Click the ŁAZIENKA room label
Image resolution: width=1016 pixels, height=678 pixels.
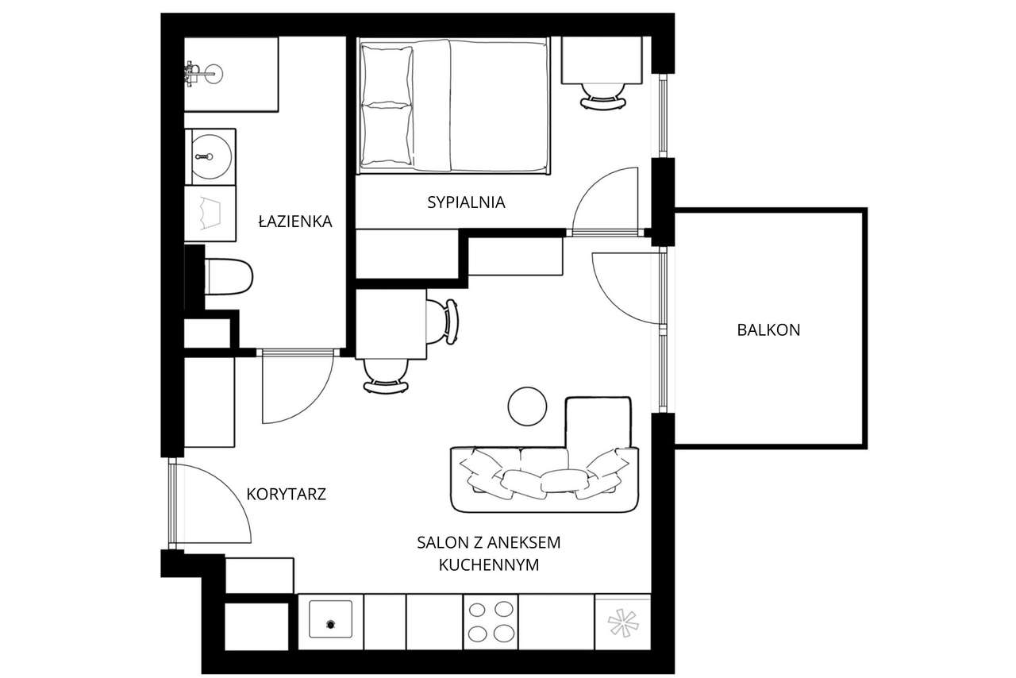pyautogui.click(x=295, y=222)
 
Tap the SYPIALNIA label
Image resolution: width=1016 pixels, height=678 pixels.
pyautogui.click(x=466, y=202)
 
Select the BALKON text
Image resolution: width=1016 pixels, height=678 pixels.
pyautogui.click(x=769, y=330)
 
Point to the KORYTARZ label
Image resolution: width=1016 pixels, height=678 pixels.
pyautogui.click(x=287, y=494)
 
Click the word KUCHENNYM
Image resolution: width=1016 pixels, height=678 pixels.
pyautogui.click(x=489, y=565)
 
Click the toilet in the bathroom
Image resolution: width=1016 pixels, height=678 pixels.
pyautogui.click(x=228, y=276)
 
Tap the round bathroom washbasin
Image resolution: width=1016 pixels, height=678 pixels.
pyautogui.click(x=210, y=157)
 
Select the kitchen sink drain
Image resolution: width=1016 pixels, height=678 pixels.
pyautogui.click(x=331, y=625)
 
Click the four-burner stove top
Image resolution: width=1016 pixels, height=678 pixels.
pyautogui.click(x=491, y=622)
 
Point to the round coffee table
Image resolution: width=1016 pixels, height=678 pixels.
pyautogui.click(x=528, y=406)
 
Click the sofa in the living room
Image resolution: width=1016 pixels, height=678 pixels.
pyautogui.click(x=545, y=480)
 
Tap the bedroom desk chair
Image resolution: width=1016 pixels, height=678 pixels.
pyautogui.click(x=603, y=96)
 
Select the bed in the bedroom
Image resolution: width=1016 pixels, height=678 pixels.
pyautogui.click(x=453, y=106)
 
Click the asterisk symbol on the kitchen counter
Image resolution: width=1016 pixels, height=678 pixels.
pyautogui.click(x=623, y=622)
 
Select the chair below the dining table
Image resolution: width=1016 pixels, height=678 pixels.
pyautogui.click(x=386, y=376)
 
